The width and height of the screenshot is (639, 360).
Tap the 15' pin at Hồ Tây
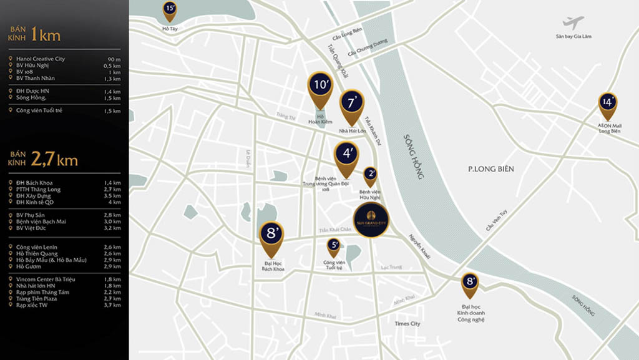click(x=170, y=9)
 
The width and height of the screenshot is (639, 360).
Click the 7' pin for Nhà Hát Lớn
click(x=352, y=103)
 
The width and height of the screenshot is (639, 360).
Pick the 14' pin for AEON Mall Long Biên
click(x=607, y=102)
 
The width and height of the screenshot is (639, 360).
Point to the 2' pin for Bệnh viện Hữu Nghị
click(x=370, y=174)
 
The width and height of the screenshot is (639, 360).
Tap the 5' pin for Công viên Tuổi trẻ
click(x=334, y=245)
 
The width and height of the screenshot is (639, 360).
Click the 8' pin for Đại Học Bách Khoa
click(x=271, y=235)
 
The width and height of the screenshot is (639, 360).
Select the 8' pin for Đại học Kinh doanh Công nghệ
click(x=470, y=282)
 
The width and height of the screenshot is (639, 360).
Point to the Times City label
click(x=407, y=324)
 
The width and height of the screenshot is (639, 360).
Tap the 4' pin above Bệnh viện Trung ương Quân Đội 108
click(x=346, y=153)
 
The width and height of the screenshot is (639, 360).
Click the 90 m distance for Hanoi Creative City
click(x=113, y=59)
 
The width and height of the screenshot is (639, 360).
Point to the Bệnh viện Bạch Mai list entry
click(x=41, y=221)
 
